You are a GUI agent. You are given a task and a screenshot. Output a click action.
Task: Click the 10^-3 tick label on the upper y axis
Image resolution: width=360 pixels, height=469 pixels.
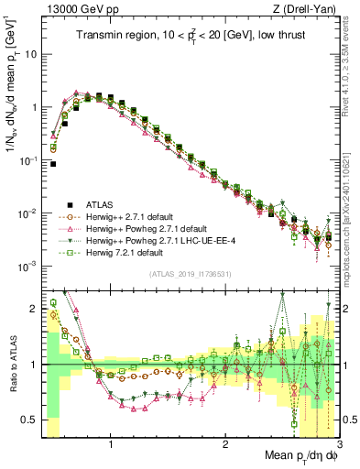(27, 267)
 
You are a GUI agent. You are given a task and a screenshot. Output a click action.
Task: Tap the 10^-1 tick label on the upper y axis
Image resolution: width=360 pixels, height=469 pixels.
(27, 160)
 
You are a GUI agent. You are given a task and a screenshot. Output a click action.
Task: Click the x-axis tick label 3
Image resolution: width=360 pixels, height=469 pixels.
(339, 445)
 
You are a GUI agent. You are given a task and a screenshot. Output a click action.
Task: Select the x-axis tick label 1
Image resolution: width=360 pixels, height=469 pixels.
(111, 445)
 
